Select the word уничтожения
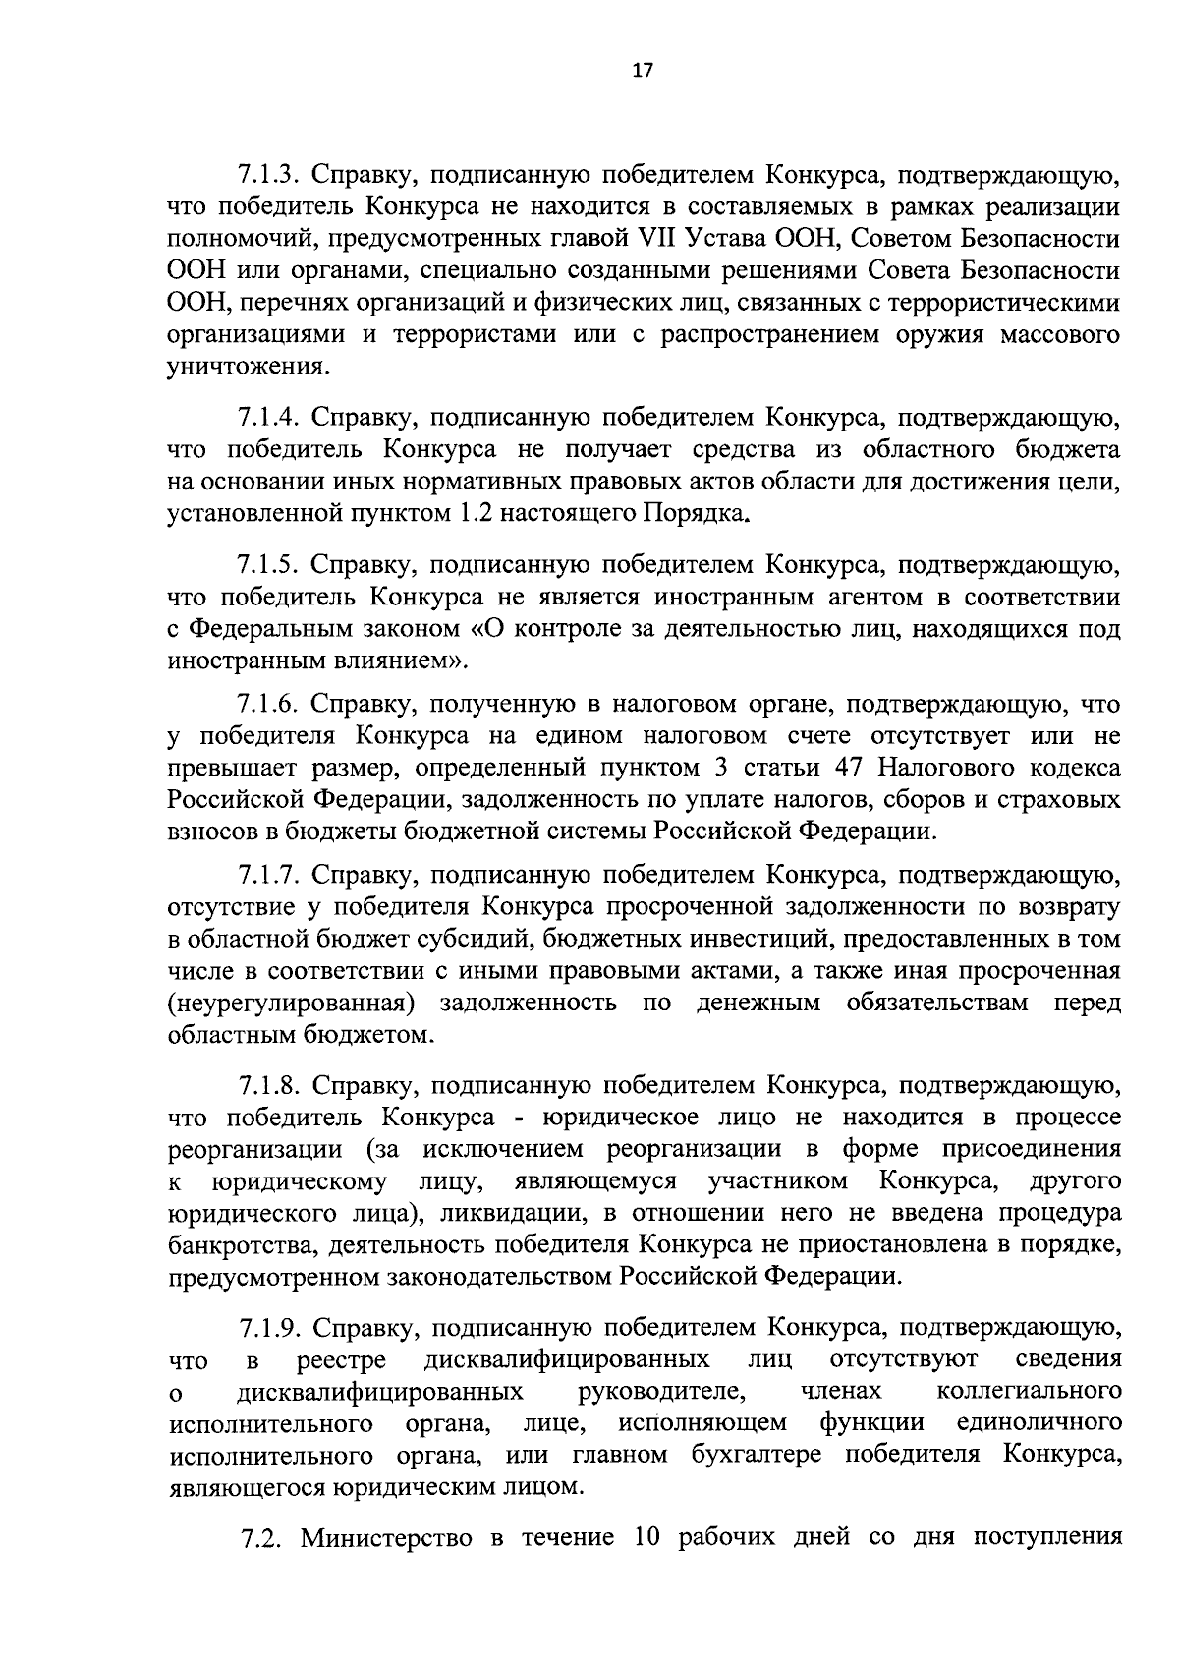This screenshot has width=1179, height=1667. point(246,369)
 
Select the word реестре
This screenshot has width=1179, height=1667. point(341,1361)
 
